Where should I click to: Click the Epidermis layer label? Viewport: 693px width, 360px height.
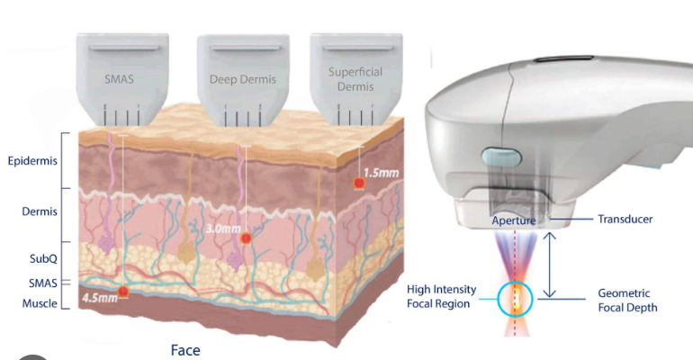tap(32, 161)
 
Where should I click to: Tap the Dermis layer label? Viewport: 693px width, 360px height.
tap(40, 211)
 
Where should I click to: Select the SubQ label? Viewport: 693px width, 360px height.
tap(43, 258)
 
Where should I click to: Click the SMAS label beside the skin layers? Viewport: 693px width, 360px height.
tap(43, 283)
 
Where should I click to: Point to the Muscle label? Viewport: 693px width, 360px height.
tap(40, 303)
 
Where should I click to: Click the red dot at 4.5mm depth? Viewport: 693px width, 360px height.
tap(123, 292)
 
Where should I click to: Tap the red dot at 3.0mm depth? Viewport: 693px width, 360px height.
tap(246, 238)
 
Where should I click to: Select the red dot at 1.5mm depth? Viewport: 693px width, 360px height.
tap(359, 183)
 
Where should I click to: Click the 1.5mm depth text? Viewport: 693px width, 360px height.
tap(381, 173)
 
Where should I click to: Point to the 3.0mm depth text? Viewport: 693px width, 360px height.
tap(223, 229)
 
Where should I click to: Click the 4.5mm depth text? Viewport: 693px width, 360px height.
tap(100, 298)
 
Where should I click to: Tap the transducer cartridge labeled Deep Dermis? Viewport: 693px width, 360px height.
tap(243, 80)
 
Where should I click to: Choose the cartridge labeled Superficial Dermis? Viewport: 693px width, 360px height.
tap(355, 78)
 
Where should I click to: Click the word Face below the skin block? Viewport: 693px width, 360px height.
tap(185, 350)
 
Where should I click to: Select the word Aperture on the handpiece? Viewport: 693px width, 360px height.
tap(514, 220)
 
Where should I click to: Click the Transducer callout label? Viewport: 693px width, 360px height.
tap(625, 219)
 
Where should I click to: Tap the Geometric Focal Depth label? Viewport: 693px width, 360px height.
tap(627, 301)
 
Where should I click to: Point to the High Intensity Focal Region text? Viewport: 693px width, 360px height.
tap(442, 296)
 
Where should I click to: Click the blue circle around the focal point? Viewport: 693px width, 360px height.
tap(498, 299)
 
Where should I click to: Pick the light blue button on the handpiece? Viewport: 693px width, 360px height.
tap(501, 157)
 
